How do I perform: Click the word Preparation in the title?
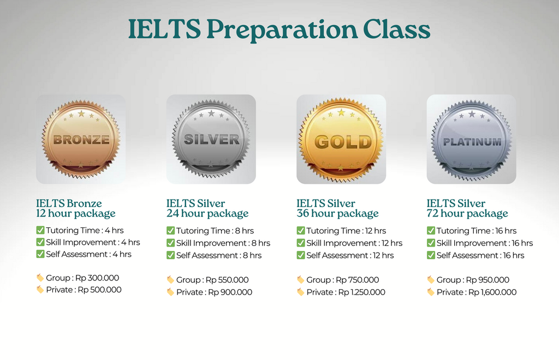282,30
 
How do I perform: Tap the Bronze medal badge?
81,139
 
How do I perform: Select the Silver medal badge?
211,139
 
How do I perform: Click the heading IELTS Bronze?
69,203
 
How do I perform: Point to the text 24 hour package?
207,214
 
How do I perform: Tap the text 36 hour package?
337,214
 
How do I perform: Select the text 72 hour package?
467,214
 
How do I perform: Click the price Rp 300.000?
97,278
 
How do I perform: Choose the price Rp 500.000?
99,290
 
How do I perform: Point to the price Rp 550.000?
227,280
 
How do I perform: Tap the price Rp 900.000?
230,292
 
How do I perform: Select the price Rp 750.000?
357,280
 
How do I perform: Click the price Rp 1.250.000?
361,292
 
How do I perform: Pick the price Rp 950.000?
487,280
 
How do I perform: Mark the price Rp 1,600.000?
492,292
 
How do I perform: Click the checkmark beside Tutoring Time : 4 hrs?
40,230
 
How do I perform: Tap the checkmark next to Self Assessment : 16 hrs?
431,255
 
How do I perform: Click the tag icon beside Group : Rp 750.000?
301,279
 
